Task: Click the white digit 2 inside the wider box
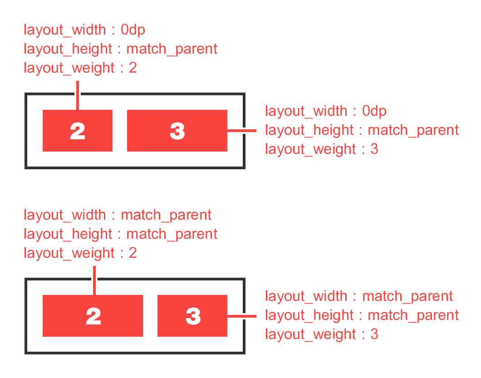[x=93, y=316]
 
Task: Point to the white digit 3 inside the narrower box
[x=193, y=316]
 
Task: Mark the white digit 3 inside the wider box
[x=177, y=131]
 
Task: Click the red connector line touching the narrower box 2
[x=78, y=95]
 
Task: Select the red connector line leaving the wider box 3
[x=241, y=131]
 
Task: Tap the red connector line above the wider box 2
[x=94, y=280]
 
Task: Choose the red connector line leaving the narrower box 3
[x=241, y=316]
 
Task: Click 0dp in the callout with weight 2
[x=133, y=30]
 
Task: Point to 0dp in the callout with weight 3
[x=374, y=111]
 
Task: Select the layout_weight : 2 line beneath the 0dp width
[x=80, y=68]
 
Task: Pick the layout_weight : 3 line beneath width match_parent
[x=321, y=334]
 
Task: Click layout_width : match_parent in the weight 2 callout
[x=118, y=215]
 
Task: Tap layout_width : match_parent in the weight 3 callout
[x=359, y=296]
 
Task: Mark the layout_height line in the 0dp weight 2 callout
[x=120, y=49]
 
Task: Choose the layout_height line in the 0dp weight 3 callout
[x=362, y=130]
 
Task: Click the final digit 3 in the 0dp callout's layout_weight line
[x=374, y=149]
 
